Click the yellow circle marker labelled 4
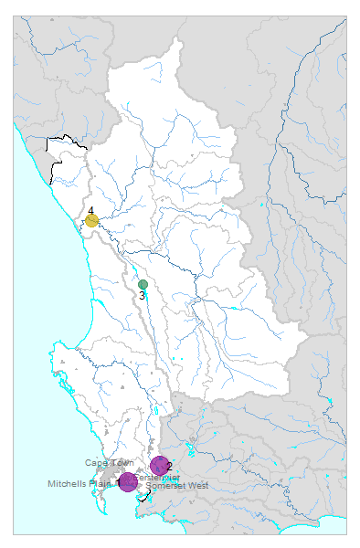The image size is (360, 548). pos(92,220)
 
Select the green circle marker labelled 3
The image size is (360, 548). pos(143,285)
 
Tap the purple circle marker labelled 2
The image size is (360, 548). pos(160,466)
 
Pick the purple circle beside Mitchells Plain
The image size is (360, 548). pos(128,481)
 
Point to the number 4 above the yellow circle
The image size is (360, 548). pos(90,210)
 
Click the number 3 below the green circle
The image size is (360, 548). pos(143,296)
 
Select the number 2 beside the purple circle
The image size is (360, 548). pos(170,466)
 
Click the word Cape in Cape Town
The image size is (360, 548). pos(95,463)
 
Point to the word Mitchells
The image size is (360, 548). pos(69,484)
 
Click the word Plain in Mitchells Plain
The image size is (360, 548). pos(103,484)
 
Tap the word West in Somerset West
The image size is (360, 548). pos(198,485)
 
